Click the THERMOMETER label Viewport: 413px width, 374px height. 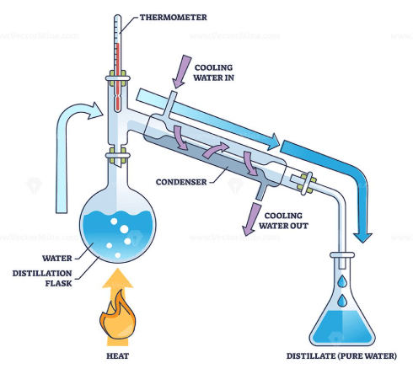coord(174,18)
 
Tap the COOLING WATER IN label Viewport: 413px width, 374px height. coord(213,72)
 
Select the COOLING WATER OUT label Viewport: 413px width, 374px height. coord(283,221)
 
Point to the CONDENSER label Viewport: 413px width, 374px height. coord(181,182)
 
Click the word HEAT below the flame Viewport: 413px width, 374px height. coord(117,356)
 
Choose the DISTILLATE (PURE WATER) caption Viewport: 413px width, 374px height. coord(341,356)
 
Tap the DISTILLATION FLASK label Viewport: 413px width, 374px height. coord(42,278)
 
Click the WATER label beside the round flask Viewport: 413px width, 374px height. coord(57,259)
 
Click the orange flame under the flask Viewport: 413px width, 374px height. coord(118,314)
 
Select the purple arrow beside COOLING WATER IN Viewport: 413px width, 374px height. coord(181,72)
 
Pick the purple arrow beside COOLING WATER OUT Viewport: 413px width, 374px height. coord(251,219)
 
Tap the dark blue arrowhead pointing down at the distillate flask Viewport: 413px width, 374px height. coord(362,238)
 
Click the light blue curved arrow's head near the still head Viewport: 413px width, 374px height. coord(95,111)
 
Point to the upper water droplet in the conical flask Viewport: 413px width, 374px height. coord(342,281)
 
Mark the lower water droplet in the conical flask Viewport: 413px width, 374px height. coord(342,301)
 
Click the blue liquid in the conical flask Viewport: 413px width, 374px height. coord(342,327)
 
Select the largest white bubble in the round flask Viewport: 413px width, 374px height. coord(124,229)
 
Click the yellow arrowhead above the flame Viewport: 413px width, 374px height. coord(117,278)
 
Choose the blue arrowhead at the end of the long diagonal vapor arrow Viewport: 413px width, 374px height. coord(272,142)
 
